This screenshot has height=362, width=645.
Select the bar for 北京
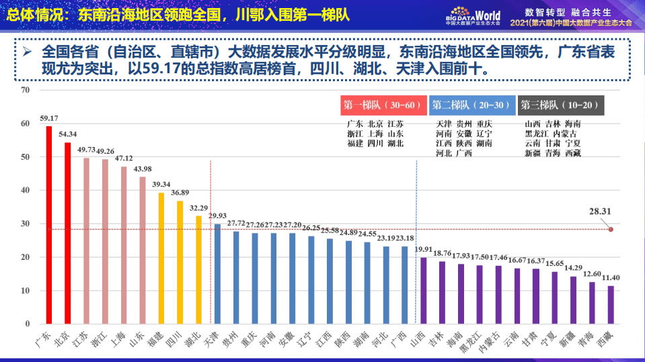click(67, 233)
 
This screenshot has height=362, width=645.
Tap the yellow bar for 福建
click(161, 258)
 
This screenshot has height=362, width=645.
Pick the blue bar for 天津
click(217, 273)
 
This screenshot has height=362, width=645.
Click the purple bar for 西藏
click(611, 305)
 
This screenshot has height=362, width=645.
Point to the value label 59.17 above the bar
click(49, 118)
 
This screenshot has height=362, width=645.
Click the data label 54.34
click(68, 134)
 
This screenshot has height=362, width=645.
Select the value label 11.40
click(611, 278)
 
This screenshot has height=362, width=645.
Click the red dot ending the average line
click(611, 229)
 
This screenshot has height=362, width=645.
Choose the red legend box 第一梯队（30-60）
click(382, 105)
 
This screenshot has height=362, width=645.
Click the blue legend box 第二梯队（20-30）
click(471, 105)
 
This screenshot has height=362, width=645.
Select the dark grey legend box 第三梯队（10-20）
click(561, 105)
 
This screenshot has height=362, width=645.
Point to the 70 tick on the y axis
click(26, 90)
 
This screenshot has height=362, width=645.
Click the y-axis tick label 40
click(26, 190)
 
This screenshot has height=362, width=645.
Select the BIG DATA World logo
click(473, 15)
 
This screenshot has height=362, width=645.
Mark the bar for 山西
click(423, 290)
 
